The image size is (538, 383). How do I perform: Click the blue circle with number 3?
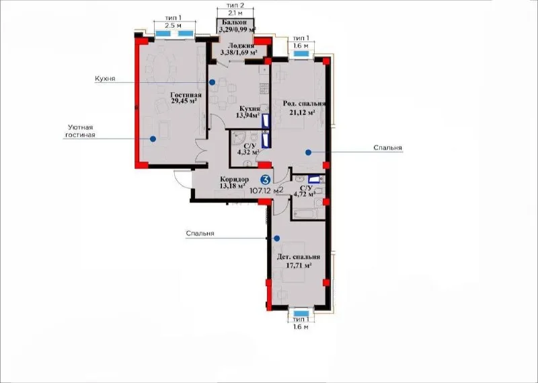point(266,179)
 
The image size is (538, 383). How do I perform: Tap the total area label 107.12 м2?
point(266,190)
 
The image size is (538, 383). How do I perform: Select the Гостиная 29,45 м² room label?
point(186,98)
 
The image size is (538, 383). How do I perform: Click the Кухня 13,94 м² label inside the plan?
point(247,112)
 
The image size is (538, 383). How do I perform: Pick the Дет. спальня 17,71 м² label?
point(299,260)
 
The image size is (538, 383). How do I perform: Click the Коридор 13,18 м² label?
point(234,182)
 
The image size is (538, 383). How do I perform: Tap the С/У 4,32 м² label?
point(247,148)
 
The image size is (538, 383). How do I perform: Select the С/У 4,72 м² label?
point(305,191)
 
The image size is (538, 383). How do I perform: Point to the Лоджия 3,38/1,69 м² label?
point(239,49)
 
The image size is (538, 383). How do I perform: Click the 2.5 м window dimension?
point(174,26)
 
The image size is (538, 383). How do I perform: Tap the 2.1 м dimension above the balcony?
point(235,13)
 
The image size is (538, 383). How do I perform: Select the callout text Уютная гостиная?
point(80,131)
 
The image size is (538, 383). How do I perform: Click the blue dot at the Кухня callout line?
point(213,82)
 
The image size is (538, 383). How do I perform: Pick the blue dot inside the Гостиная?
point(153,139)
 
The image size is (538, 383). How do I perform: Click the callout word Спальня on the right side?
point(388,147)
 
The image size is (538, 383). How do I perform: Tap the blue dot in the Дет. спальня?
point(276,238)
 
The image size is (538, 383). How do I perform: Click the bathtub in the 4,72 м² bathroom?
point(305,213)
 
